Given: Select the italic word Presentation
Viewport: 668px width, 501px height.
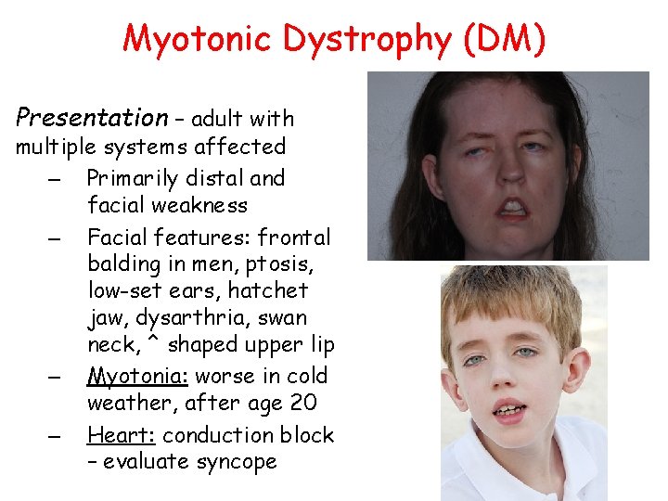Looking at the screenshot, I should (91, 118).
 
